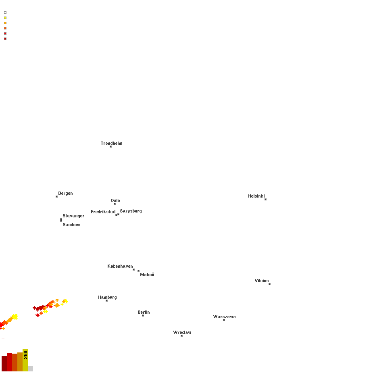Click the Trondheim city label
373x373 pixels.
click(x=111, y=143)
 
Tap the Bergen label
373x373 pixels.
click(x=65, y=193)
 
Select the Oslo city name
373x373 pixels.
click(x=115, y=200)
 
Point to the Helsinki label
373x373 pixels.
click(x=256, y=196)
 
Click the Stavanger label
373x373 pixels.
click(x=73, y=216)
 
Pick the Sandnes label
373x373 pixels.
click(x=71, y=225)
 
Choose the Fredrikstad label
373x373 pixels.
click(x=103, y=212)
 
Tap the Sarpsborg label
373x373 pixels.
click(x=131, y=211)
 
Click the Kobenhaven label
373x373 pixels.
click(x=120, y=266)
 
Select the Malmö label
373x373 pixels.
click(x=147, y=275)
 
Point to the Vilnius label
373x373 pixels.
click(x=261, y=281)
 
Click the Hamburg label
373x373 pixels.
click(x=107, y=297)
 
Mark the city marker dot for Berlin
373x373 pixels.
click(x=143, y=316)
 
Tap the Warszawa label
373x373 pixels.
click(x=224, y=317)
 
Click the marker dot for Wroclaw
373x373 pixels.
click(x=182, y=336)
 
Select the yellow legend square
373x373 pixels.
click(x=5, y=18)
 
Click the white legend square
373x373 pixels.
click(x=5, y=13)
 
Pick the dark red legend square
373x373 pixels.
click(x=5, y=39)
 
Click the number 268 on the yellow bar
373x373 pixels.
click(x=25, y=355)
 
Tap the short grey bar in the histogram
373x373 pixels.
click(x=31, y=369)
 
